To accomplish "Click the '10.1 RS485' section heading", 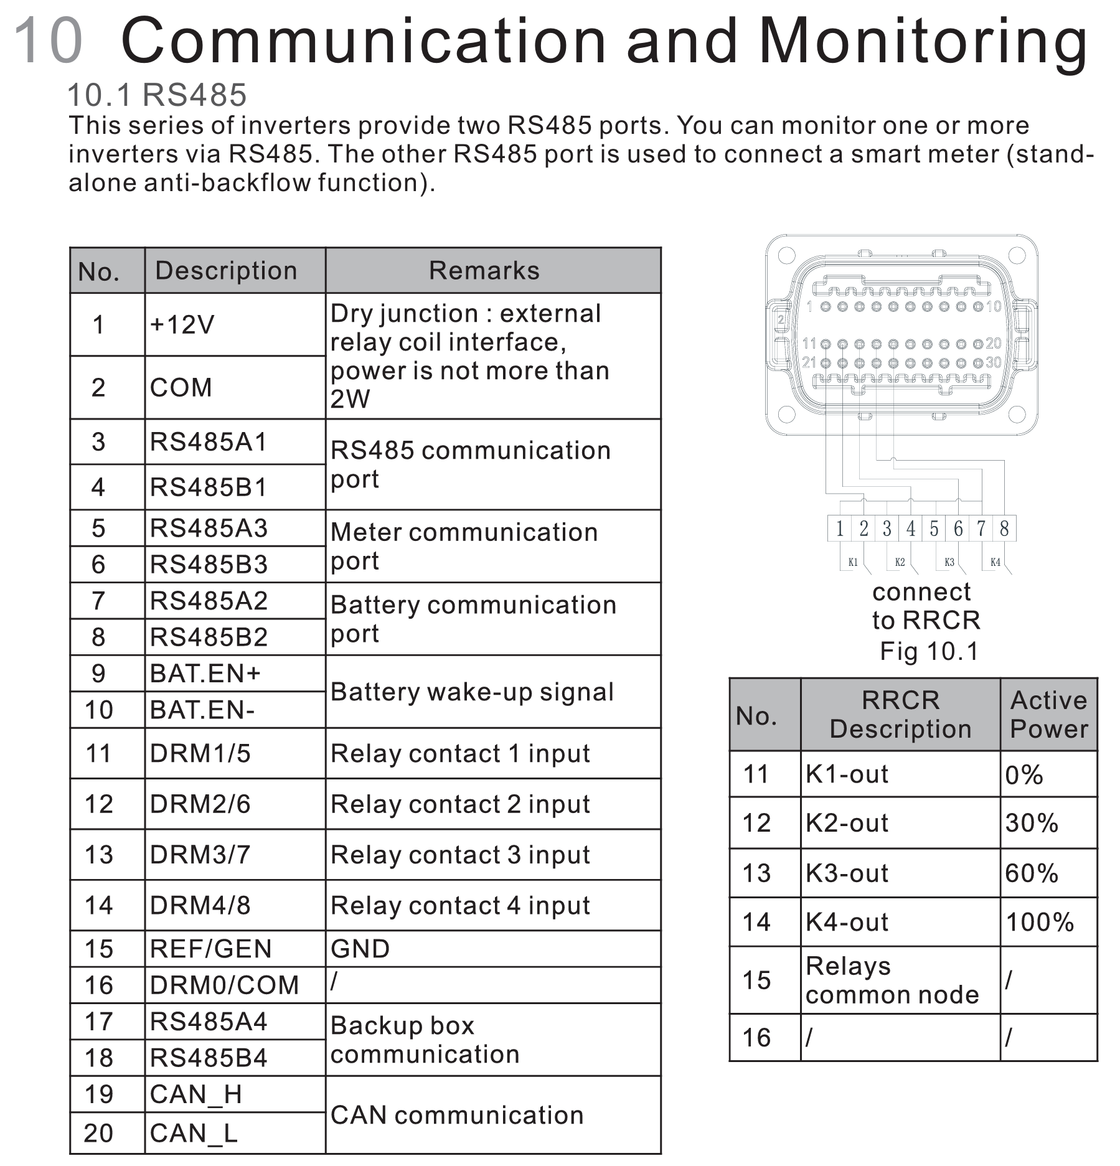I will point(157,95).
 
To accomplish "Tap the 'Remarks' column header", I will point(484,271).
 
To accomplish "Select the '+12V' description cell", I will point(182,325).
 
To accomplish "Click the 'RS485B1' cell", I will point(209,487).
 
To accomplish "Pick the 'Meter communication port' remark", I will point(464,546).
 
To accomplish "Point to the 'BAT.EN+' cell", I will point(205,674).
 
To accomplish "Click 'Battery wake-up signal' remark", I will point(472,692).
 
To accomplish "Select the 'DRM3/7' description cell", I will point(200,855).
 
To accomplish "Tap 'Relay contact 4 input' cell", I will point(460,906).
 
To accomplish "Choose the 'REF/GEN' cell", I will point(210,949).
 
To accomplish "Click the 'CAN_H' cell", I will point(195,1094).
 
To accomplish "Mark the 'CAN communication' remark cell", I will point(457,1115).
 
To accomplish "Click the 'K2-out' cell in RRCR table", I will point(847,823).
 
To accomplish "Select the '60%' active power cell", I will point(1032,873).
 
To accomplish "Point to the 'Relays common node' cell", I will point(892,980).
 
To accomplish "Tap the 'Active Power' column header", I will point(1048,715).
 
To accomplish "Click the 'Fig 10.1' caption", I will point(929,651).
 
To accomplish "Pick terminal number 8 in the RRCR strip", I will point(1004,529).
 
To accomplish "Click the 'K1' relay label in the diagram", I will point(853,562).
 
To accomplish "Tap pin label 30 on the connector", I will point(993,362).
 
